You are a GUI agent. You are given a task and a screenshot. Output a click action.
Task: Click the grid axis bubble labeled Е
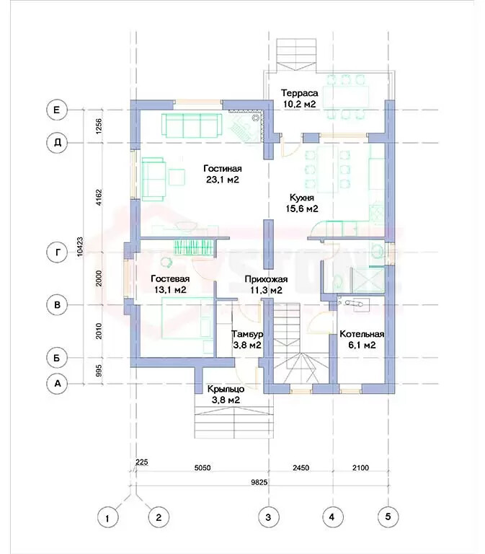[x=57, y=110]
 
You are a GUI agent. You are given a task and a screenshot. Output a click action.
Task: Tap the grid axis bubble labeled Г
[x=57, y=252]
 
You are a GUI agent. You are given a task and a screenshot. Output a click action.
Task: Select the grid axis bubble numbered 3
[x=268, y=517]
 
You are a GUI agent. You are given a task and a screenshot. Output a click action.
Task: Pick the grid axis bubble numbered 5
[x=388, y=516]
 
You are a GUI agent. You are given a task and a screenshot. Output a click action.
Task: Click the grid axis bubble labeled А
[x=57, y=383]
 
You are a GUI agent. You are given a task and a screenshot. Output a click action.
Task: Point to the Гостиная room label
[x=223, y=168]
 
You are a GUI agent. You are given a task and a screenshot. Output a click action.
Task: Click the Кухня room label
[x=302, y=198]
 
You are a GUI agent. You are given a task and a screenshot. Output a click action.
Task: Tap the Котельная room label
[x=362, y=334]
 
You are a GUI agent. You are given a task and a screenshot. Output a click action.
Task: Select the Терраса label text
[x=299, y=93]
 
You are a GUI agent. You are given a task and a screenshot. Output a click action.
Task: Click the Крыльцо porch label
[x=226, y=389]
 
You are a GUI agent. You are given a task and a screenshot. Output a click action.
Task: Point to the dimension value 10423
[x=80, y=247]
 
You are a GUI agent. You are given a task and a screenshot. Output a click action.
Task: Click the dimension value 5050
[x=203, y=467]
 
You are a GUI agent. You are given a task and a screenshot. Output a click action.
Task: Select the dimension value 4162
[x=99, y=198]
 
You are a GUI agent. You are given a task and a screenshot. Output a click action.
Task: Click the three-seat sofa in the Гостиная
[x=192, y=126]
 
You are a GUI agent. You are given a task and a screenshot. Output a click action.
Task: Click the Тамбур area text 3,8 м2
[x=247, y=346]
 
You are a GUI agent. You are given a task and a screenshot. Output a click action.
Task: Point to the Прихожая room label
[x=266, y=279]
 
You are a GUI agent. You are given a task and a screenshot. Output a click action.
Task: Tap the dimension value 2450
[x=301, y=467]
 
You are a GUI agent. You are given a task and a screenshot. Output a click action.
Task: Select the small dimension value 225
[x=142, y=462]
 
